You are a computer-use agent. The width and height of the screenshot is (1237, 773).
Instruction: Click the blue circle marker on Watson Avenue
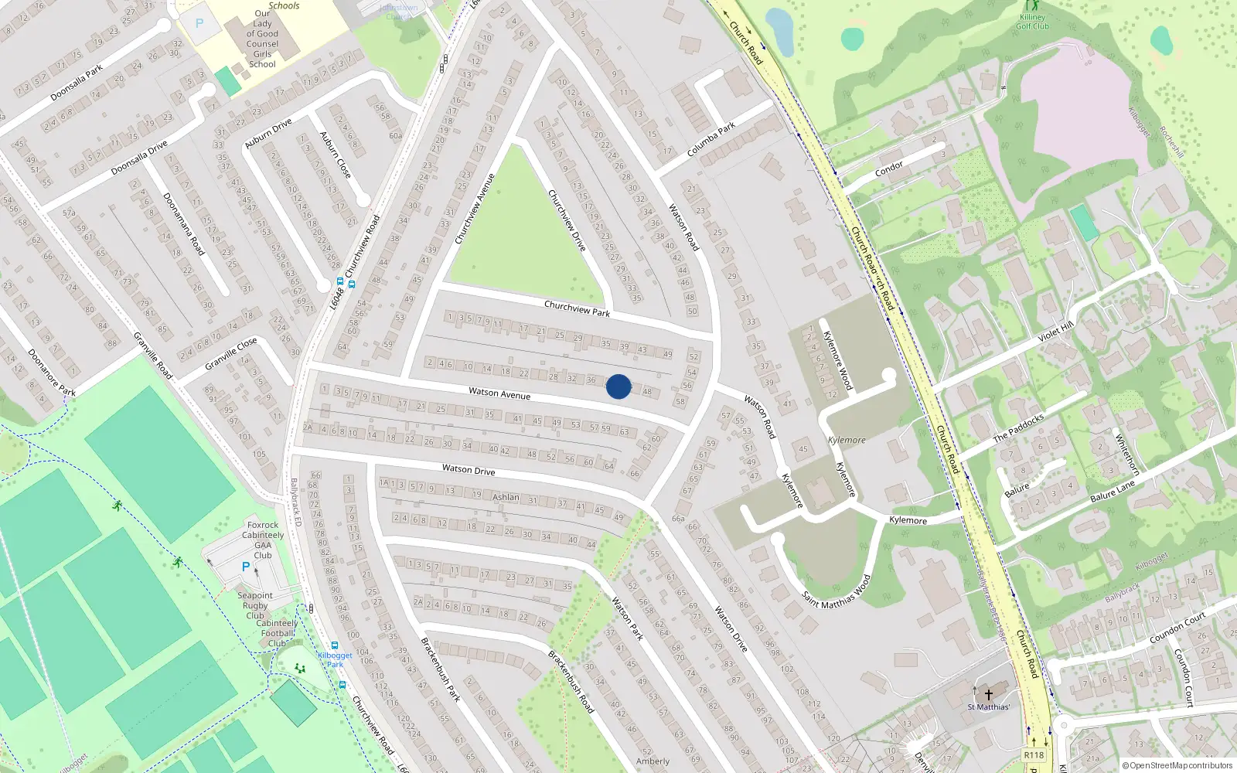click(x=618, y=386)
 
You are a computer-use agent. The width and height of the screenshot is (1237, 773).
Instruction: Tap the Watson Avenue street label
click(x=499, y=393)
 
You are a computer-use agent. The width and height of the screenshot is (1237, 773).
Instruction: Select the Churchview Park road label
click(x=577, y=308)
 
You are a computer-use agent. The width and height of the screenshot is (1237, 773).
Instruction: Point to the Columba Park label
click(x=711, y=139)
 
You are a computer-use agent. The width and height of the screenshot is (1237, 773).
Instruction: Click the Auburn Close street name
click(x=336, y=155)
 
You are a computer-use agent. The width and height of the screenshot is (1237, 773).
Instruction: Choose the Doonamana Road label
click(x=184, y=224)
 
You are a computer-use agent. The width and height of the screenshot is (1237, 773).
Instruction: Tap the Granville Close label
click(x=231, y=353)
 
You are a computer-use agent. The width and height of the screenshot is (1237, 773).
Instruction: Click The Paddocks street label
click(x=1018, y=427)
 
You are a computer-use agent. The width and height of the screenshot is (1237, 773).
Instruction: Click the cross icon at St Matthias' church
click(x=988, y=695)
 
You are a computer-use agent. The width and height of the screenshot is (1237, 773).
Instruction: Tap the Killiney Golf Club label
click(x=1032, y=21)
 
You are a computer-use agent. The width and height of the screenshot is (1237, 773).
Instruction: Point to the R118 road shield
click(x=1034, y=755)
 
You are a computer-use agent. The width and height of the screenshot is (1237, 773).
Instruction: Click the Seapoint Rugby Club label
click(x=255, y=605)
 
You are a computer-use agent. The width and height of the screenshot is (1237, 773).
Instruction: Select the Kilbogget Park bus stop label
click(x=335, y=659)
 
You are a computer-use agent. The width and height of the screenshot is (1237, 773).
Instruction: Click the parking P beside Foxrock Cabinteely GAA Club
click(x=246, y=567)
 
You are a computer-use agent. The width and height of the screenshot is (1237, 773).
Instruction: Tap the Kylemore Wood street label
click(x=838, y=360)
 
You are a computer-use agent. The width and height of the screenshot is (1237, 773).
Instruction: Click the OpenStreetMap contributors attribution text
click(x=1181, y=765)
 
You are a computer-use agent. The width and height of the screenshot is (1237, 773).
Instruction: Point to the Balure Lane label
click(x=1113, y=492)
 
